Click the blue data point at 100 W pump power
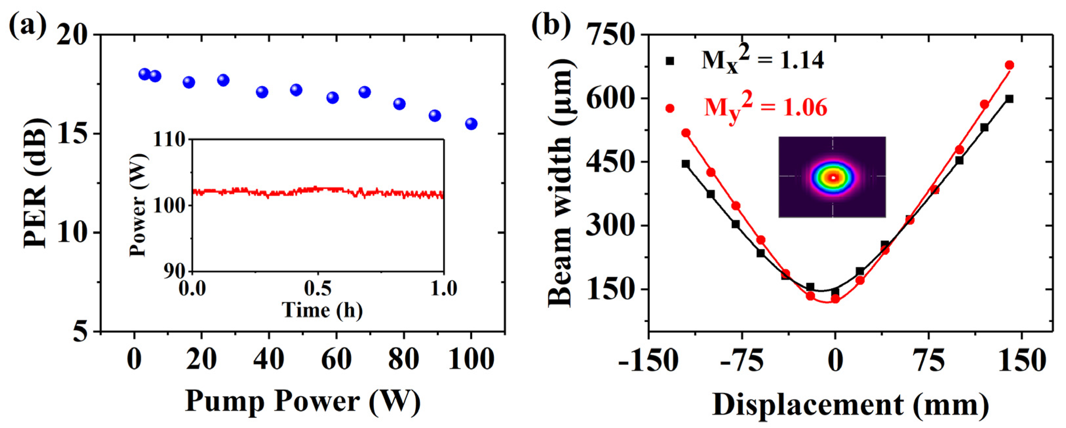pyautogui.click(x=471, y=124)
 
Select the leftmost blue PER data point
pyautogui.click(x=144, y=74)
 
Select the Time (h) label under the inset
pyautogui.click(x=322, y=310)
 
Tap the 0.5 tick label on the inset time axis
pyautogui.click(x=318, y=289)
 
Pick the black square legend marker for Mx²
pyautogui.click(x=670, y=61)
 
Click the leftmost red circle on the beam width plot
pyautogui.click(x=686, y=133)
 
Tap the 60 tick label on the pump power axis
pyautogui.click(x=336, y=360)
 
